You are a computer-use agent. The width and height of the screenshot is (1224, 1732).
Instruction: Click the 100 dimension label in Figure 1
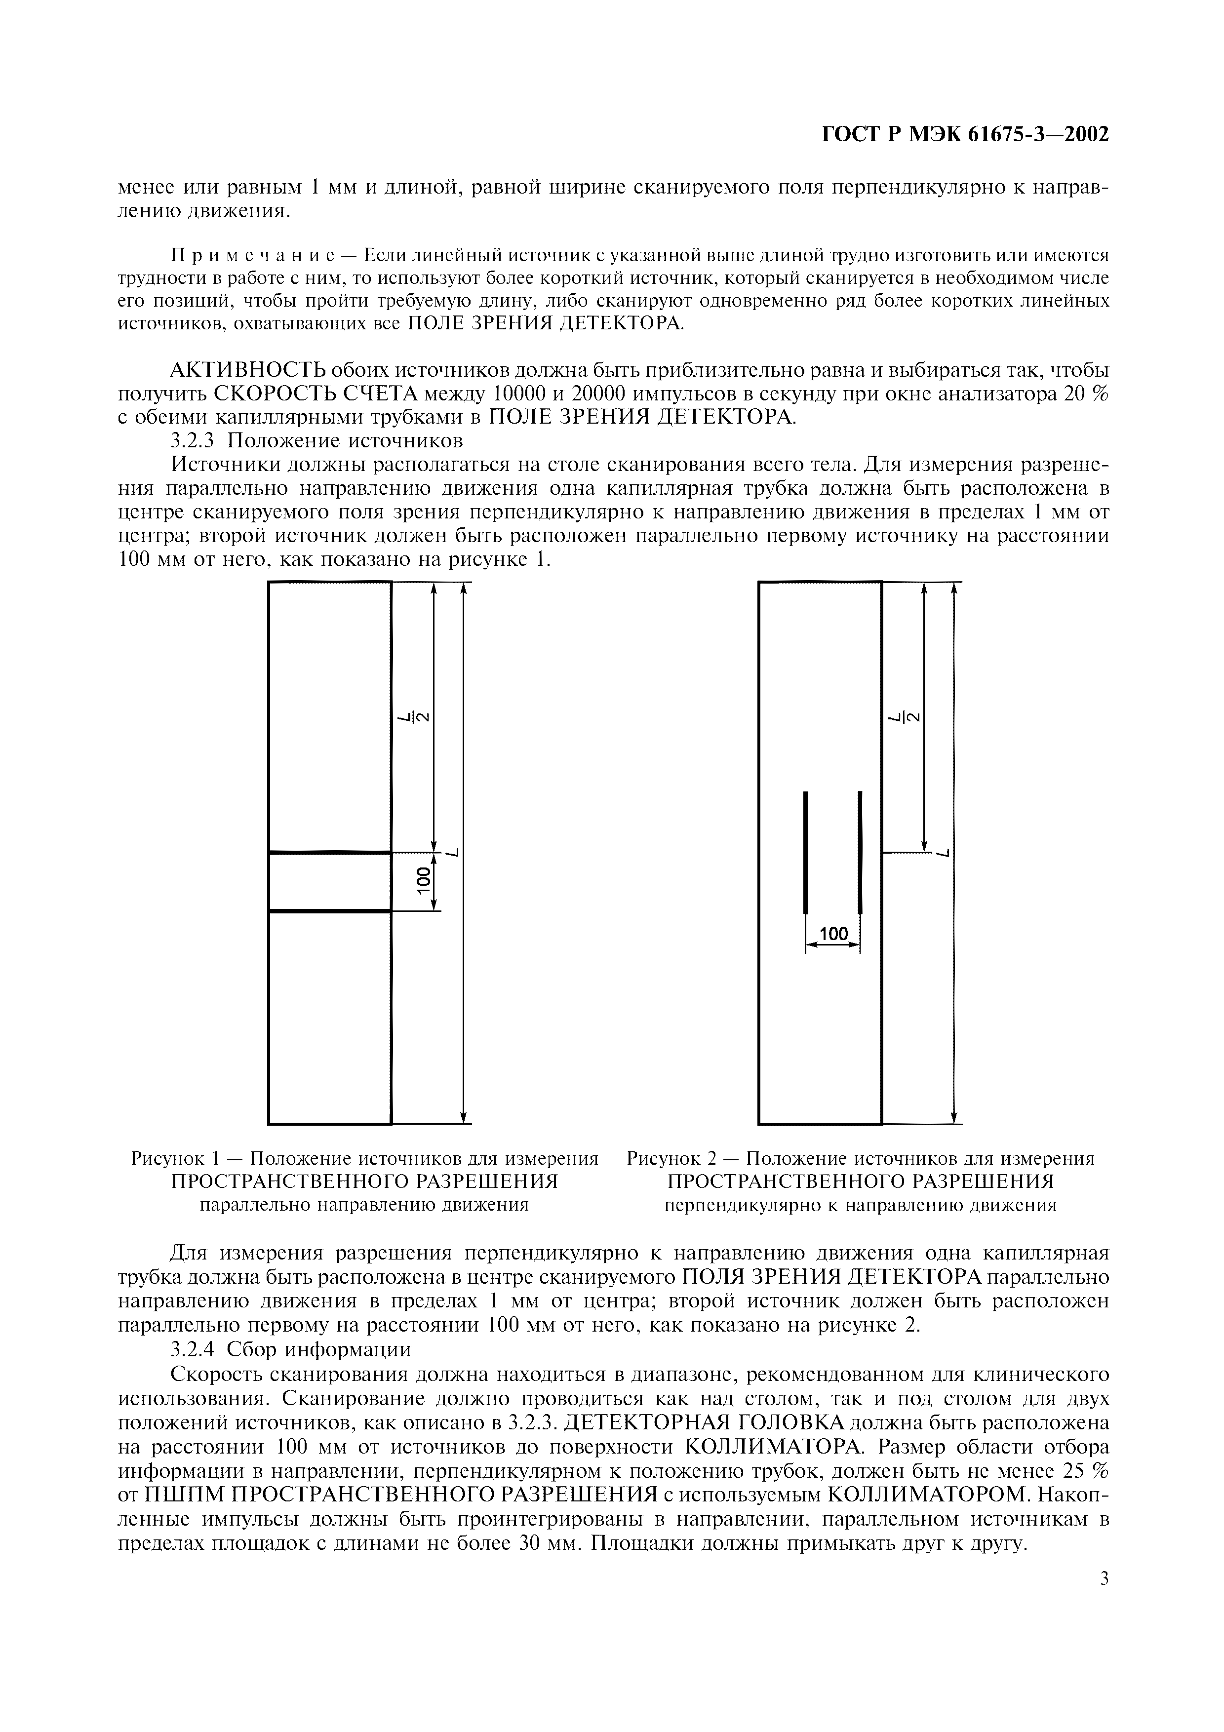click(x=425, y=880)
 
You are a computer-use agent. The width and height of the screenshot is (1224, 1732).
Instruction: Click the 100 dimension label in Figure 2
click(x=833, y=934)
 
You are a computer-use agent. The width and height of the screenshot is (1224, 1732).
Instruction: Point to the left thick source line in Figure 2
click(x=805, y=852)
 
